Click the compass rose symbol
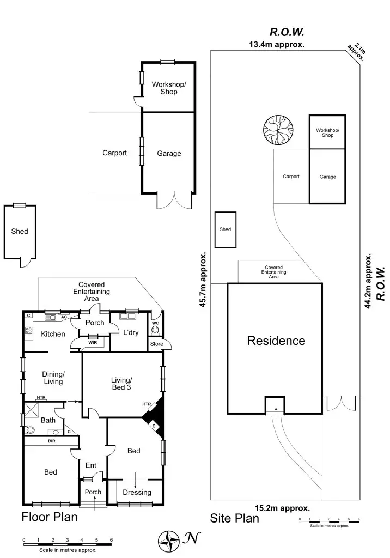point(169,540)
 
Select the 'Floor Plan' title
point(49,517)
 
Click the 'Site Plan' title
point(235,518)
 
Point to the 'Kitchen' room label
point(53,334)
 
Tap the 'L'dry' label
point(130,332)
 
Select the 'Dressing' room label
point(137,493)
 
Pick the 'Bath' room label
point(48,420)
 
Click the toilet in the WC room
point(155,330)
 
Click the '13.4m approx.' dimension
point(277,45)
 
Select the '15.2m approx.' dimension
point(283,507)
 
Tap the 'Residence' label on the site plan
point(276,341)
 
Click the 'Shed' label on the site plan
point(225,229)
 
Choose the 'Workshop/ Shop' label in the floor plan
point(169,88)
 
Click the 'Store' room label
point(157,344)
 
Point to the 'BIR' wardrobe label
point(52,441)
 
